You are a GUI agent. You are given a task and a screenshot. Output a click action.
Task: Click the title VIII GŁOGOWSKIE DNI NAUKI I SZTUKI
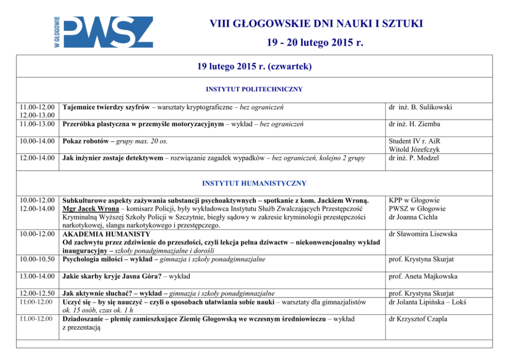(x=316, y=24)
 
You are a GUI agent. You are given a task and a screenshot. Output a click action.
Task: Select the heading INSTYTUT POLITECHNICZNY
(x=254, y=89)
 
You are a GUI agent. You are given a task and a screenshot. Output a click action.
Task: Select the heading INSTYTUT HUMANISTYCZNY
(x=254, y=183)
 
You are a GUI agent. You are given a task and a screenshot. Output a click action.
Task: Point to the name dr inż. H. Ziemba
(x=414, y=124)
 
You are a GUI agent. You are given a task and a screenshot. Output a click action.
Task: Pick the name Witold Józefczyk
(x=414, y=149)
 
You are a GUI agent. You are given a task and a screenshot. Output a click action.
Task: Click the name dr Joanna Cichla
(x=414, y=217)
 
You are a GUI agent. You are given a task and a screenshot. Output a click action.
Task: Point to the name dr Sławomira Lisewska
(x=423, y=234)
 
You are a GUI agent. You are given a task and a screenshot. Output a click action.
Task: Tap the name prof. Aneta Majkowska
(x=423, y=276)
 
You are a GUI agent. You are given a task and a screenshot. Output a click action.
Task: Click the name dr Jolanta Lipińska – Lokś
(x=427, y=302)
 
